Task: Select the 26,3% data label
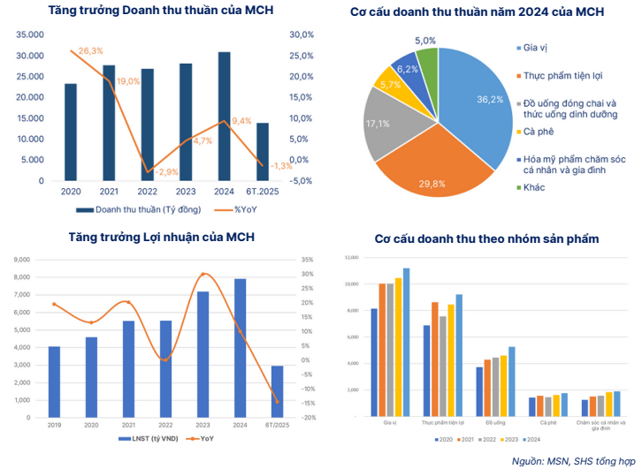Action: tap(89, 51)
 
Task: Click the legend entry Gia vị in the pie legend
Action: tap(537, 47)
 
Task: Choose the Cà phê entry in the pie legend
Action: tap(539, 132)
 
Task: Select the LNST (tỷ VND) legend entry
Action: tap(143, 438)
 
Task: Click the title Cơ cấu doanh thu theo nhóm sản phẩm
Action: tap(486, 238)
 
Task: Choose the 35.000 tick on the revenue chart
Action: tap(29, 34)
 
